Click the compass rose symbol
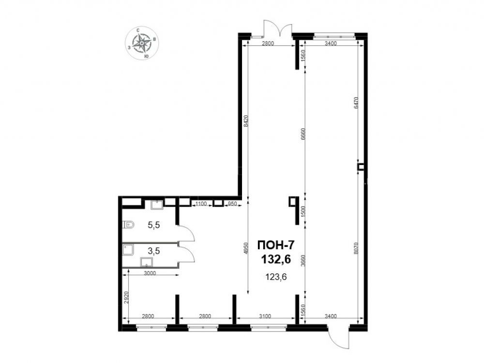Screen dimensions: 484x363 point(142,43)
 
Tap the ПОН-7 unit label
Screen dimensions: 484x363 point(276,245)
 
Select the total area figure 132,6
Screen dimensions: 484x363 point(276,259)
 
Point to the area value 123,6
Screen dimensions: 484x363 point(276,277)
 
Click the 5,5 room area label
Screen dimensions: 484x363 point(153,225)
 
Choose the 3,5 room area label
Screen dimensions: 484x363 point(153,251)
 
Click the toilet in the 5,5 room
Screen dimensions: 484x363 point(128,226)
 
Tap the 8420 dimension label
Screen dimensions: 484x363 point(246,121)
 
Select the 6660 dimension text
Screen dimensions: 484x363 point(303,134)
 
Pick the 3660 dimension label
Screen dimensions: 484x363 point(303,259)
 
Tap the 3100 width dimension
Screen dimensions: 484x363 point(265,316)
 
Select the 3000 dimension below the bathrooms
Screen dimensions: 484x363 point(150,273)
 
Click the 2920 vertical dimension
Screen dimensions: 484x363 point(126,298)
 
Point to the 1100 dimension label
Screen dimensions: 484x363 point(201,204)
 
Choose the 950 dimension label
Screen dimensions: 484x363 point(232,204)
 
